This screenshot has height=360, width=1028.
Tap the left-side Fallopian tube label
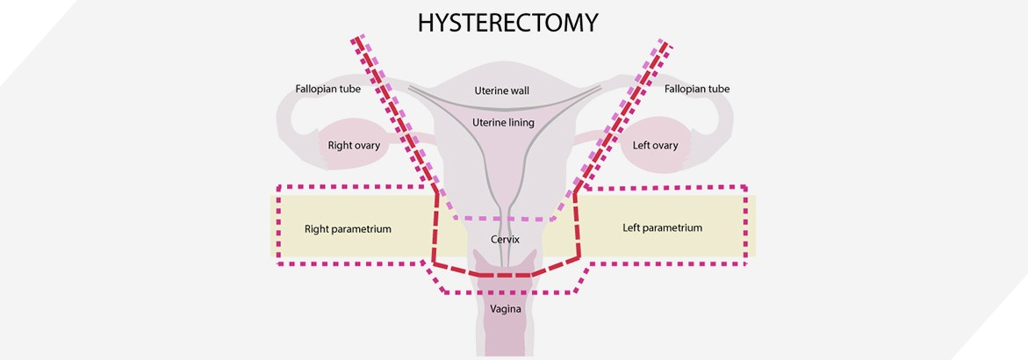tap(327, 89)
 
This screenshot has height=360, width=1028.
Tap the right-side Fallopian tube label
tap(697, 89)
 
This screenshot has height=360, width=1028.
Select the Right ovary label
tap(354, 146)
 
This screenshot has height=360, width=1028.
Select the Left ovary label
tap(656, 146)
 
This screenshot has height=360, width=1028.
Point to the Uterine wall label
tap(501, 90)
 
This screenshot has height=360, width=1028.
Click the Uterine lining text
tap(502, 123)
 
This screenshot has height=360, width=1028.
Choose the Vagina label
tap(506, 309)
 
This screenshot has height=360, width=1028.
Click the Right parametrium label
tap(348, 229)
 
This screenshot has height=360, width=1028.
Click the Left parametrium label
tap(663, 228)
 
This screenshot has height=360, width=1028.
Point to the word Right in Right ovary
tap(340, 146)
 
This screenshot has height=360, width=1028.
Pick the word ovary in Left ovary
tap(665, 146)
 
